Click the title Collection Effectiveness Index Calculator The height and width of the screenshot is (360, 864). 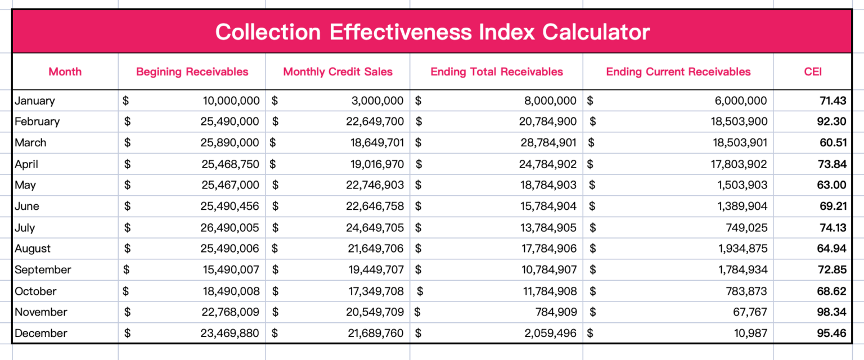pos(432,31)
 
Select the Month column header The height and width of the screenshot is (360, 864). pos(65,71)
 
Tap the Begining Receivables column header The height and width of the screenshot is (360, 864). pos(192,71)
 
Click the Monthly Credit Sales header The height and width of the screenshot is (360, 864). pos(337,71)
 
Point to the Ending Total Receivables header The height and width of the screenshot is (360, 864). pos(497,71)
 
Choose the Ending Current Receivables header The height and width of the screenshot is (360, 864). pos(678,71)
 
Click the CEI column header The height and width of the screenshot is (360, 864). pos(813,71)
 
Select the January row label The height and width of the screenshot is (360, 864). pos(35,101)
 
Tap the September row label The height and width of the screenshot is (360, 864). pos(43,269)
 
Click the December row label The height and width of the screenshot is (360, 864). pos(41,333)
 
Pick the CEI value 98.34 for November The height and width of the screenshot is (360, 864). pos(832,312)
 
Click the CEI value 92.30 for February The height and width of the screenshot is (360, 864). pos(832,121)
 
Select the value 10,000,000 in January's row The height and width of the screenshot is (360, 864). pos(231,101)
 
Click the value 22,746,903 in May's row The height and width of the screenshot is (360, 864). pos(375,185)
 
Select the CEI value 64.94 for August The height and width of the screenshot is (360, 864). pos(832,249)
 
